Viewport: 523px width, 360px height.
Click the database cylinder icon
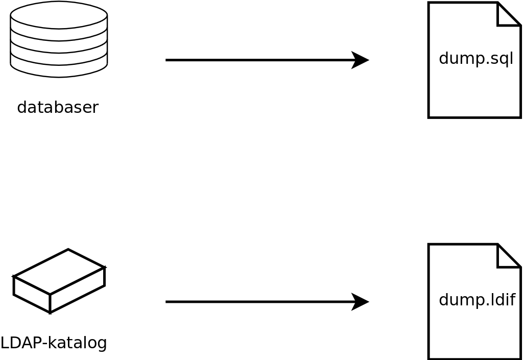pos(59,40)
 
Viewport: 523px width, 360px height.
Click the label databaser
pos(58,107)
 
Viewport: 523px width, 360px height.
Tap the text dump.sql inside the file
pos(476,59)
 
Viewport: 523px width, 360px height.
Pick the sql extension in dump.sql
pos(500,59)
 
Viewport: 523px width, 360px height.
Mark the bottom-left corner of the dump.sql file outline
pos(429,117)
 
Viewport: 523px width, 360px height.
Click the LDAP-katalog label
pos(54,343)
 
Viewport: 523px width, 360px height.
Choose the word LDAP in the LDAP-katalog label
pos(21,343)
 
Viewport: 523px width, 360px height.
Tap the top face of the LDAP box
pos(59,272)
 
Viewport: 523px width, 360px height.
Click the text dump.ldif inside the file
pos(477,300)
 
